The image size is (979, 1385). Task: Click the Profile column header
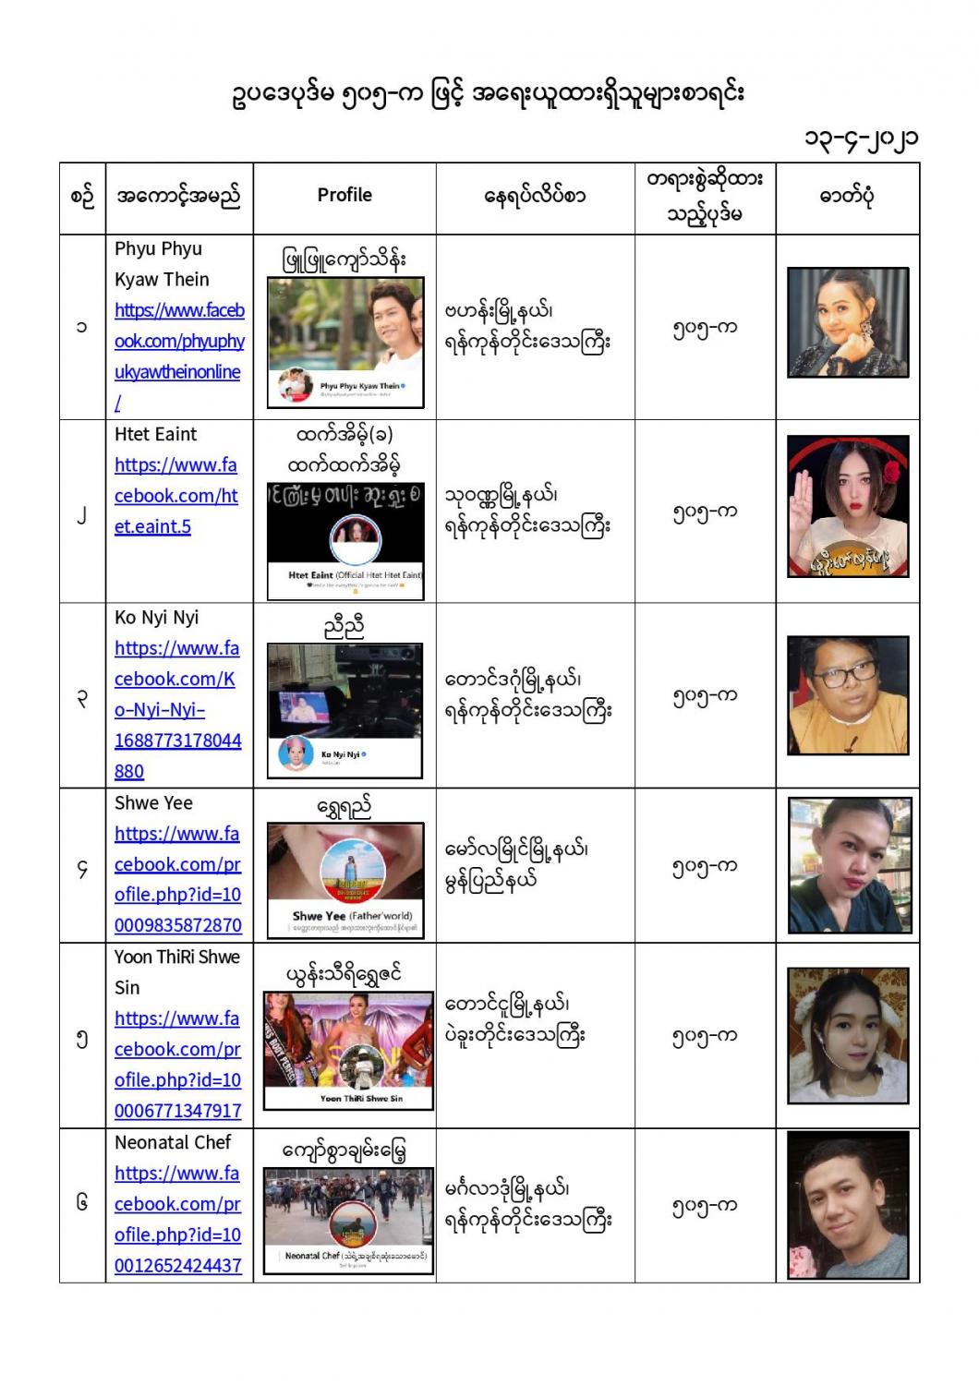pos(344,195)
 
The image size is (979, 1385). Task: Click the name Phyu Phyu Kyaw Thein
pos(162,264)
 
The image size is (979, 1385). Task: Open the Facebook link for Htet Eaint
pos(175,496)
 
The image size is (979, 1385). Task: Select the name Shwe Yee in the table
pos(153,803)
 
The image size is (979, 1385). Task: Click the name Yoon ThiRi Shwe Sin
pos(176,972)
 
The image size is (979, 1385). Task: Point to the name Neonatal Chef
pos(173,1143)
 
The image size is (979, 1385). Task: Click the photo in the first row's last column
pos(847,323)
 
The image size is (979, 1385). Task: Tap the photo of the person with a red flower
pos(847,506)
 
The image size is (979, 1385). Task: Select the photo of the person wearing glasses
pos(847,695)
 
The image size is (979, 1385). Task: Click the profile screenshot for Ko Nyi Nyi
pos(344,711)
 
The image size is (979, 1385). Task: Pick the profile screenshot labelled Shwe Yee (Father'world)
pos(345,880)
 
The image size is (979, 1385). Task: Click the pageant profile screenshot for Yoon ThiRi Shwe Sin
pos(348,1051)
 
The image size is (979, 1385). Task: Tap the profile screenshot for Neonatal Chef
pos(348,1221)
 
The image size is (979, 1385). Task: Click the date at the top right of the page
pos(860,138)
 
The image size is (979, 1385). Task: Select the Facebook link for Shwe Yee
pos(177,880)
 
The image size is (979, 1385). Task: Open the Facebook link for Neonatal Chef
pos(177,1220)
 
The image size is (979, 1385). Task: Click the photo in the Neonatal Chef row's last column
pos(847,1205)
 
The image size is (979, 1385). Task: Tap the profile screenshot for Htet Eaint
pos(344,540)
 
